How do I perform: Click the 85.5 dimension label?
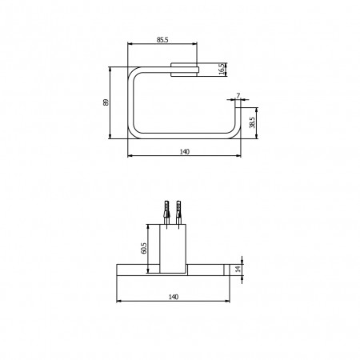162,40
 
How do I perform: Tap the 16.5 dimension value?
222,70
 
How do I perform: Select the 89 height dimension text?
106,102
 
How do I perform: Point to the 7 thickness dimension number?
238,95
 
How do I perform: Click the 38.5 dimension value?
252,122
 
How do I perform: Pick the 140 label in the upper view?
184,152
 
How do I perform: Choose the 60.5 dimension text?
143,248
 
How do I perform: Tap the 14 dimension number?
238,269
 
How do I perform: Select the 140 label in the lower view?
174,297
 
